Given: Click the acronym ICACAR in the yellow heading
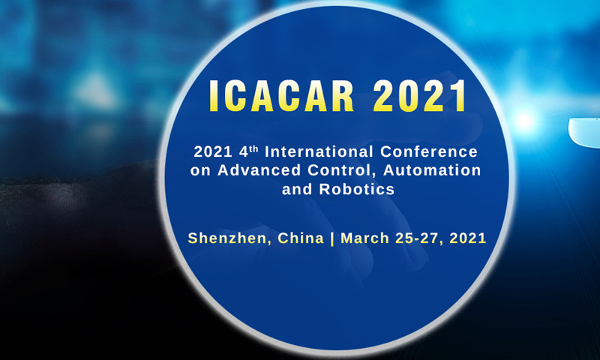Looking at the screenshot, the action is (281, 96).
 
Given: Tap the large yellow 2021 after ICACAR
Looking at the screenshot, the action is (420, 96).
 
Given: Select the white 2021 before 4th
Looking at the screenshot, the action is (213, 152).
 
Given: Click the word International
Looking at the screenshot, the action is (319, 152).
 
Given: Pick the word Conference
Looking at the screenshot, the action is (428, 152).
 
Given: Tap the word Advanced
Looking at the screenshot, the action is (259, 170).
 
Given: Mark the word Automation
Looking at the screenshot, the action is (432, 170).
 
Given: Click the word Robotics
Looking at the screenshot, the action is (357, 189).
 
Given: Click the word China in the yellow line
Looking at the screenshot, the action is (301, 238).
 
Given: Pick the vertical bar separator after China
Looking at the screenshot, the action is (332, 238).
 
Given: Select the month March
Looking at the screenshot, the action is (364, 238).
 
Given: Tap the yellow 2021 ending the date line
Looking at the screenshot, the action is (468, 238).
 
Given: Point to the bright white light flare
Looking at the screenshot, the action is (524, 121).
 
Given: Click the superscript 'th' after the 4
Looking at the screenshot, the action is (253, 148).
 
